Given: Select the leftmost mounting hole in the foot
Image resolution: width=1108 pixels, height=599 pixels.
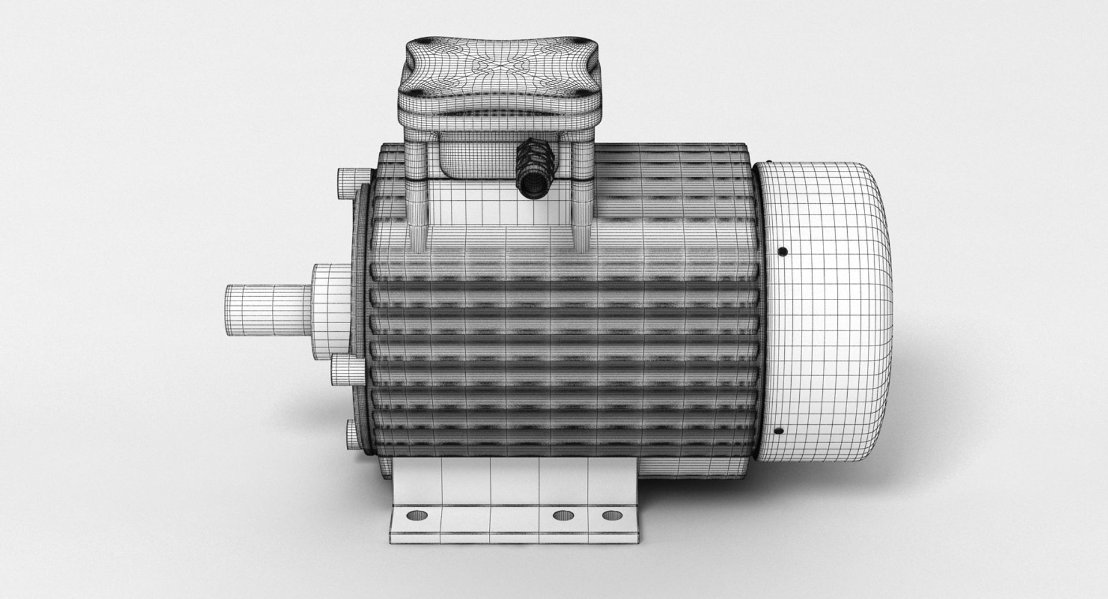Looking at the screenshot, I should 414,515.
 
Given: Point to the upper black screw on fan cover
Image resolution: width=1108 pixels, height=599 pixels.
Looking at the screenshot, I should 783,252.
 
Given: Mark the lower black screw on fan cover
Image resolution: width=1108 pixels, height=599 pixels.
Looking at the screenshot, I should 778,430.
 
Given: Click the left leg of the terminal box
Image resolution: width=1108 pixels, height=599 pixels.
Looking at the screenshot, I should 417,196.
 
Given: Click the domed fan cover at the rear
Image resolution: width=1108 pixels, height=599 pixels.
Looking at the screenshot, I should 831,312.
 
